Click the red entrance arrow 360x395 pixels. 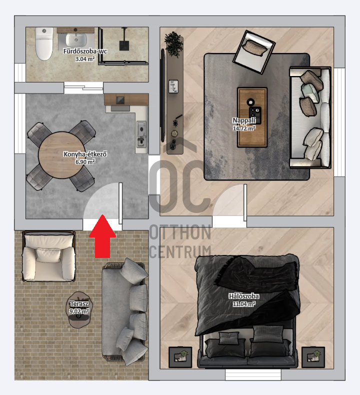point(102,236)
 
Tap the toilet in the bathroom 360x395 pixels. point(44,44)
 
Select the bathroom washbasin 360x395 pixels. point(76,40)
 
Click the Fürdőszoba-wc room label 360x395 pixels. point(85,51)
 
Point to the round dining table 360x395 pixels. point(61,155)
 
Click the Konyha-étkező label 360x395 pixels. point(85,154)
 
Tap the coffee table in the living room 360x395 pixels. point(252,117)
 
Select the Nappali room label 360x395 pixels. point(244,120)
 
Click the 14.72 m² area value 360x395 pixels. point(244,128)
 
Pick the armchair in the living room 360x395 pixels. point(253,52)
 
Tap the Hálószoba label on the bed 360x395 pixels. point(244,296)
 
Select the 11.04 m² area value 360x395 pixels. point(244,304)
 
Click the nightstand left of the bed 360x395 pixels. point(180,357)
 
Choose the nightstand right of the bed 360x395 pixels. point(313,357)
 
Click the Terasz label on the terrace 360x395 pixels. point(79,304)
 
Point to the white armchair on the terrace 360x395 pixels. point(49,256)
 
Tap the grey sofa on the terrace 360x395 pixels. point(124,311)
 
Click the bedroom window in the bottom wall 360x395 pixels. point(253,375)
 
